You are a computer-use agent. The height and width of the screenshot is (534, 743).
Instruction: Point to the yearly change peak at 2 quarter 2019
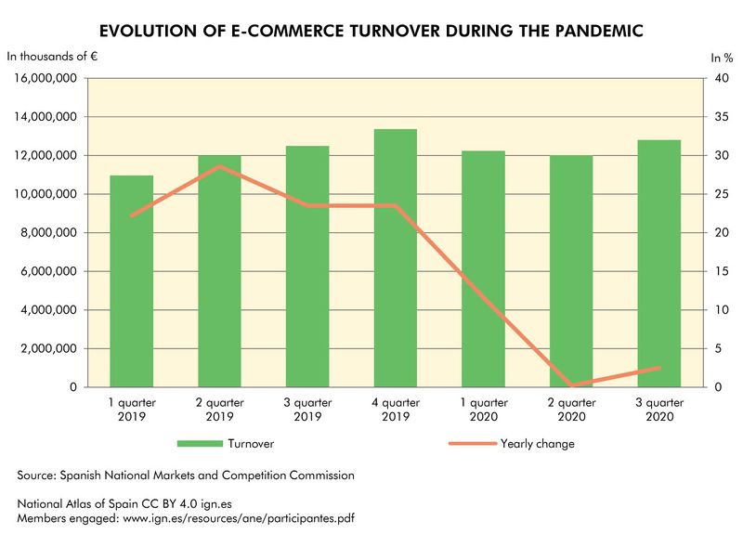219,167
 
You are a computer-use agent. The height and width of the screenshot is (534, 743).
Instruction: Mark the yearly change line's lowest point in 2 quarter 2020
571,385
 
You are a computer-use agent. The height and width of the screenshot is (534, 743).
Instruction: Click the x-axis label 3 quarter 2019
307,410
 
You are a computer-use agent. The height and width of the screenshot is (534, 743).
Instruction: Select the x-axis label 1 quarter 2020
483,410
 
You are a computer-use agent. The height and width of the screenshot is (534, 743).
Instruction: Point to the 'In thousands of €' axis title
54,57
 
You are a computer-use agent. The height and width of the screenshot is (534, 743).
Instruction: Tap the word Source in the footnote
36,475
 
